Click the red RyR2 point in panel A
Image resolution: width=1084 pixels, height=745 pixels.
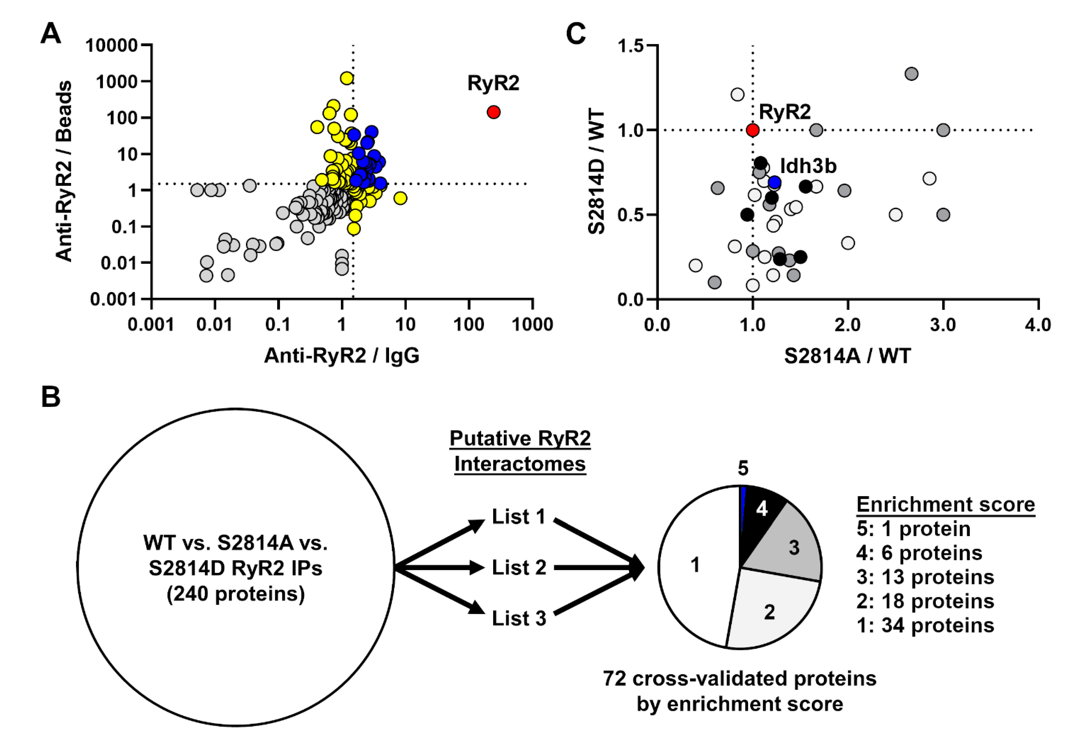tap(493, 112)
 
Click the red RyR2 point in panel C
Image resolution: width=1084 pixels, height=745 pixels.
tap(752, 130)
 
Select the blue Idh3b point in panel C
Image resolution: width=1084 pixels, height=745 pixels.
tap(775, 182)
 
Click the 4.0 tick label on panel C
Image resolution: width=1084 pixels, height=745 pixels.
tap(1038, 324)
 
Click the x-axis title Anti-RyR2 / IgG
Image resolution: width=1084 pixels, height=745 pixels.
tap(341, 356)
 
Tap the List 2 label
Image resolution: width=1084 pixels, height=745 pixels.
tap(519, 568)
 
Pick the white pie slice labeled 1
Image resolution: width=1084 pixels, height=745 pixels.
tap(695, 565)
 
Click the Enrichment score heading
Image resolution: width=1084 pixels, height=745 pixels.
tap(945, 505)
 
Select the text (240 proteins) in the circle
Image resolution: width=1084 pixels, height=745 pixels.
tap(236, 594)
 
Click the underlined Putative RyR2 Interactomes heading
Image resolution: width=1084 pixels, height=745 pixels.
tap(520, 451)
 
